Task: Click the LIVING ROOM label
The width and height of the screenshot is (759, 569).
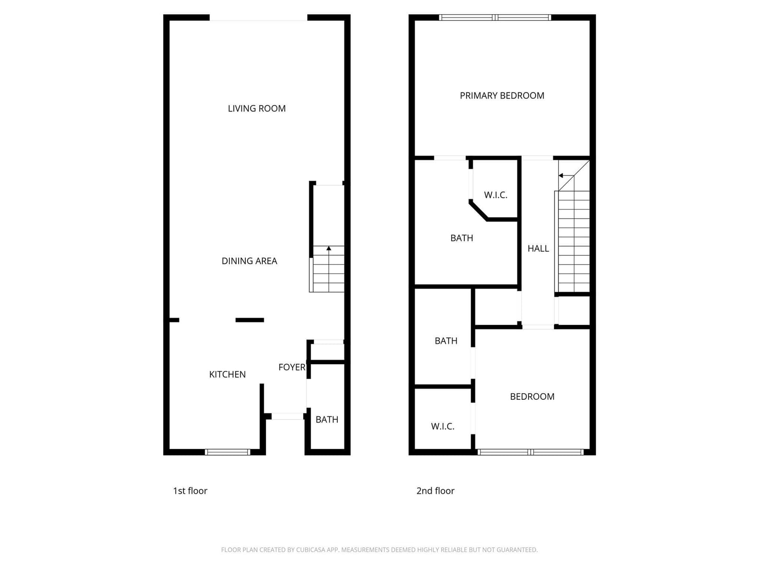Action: tap(257, 109)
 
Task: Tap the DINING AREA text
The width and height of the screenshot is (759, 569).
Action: tap(250, 261)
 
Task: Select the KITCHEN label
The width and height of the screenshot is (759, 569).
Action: tap(227, 374)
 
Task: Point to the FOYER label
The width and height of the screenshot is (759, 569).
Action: tap(292, 367)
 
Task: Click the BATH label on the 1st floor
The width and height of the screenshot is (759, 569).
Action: tap(327, 420)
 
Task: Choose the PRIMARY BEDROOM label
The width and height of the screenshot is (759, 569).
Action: tap(502, 96)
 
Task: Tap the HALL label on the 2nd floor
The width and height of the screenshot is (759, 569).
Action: tap(538, 248)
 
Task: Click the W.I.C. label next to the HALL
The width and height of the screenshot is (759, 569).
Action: tap(496, 195)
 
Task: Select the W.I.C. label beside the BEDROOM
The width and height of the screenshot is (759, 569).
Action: tap(443, 426)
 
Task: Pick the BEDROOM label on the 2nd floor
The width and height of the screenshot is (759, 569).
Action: tap(532, 396)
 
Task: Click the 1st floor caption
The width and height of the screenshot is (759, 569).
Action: tap(190, 491)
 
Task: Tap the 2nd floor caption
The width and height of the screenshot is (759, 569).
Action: tap(435, 491)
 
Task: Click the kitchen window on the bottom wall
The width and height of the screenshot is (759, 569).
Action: tap(227, 452)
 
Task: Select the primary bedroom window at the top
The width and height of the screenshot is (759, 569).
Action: tap(495, 18)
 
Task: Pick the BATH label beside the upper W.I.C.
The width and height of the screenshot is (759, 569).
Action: tap(462, 238)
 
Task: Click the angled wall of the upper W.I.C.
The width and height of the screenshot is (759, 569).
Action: tap(478, 211)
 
